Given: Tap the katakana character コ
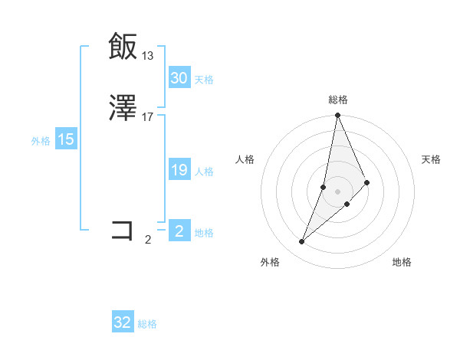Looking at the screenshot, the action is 123,230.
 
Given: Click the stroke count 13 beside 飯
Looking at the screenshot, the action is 147,56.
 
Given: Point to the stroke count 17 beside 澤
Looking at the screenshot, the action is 147,117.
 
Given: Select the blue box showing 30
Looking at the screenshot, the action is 179,78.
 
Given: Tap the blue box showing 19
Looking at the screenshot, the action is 179,170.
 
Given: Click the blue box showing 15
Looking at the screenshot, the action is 66,139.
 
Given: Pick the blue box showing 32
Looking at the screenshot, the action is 123,322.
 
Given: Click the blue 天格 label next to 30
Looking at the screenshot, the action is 204,80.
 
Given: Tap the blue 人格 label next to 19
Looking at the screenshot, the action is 204,172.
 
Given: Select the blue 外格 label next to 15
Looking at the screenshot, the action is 41,141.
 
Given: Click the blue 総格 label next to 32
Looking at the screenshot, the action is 147,324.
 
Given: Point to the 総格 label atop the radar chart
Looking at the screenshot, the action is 337,100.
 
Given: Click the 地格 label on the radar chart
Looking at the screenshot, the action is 402,262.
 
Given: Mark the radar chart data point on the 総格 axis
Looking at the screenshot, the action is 337,116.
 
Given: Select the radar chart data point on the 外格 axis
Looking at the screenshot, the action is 302,242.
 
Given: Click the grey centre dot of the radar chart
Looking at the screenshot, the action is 337,191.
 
